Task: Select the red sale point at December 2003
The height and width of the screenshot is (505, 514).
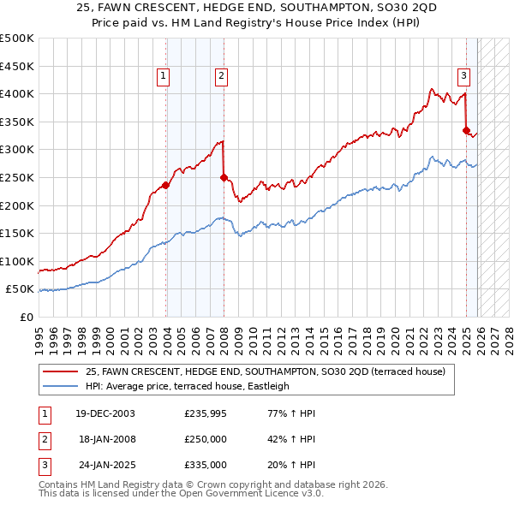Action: tap(166, 186)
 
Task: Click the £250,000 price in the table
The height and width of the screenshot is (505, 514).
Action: tap(206, 439)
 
